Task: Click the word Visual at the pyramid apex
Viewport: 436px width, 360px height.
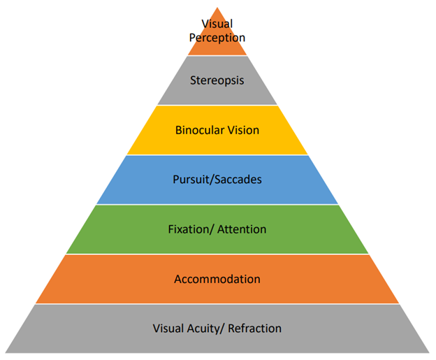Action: tap(217, 24)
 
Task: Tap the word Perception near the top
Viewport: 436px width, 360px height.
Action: tap(217, 37)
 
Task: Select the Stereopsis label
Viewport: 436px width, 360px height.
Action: tap(217, 80)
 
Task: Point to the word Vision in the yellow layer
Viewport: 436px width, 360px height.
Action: tap(242, 130)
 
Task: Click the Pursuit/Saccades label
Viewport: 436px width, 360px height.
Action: tap(217, 180)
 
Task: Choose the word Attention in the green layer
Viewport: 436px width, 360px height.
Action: tap(242, 229)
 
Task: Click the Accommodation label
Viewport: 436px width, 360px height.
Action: tap(217, 279)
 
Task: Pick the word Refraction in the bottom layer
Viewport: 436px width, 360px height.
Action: tap(254, 328)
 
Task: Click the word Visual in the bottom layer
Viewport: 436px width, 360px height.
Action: tap(168, 328)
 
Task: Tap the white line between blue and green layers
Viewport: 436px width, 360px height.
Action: tap(217, 205)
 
